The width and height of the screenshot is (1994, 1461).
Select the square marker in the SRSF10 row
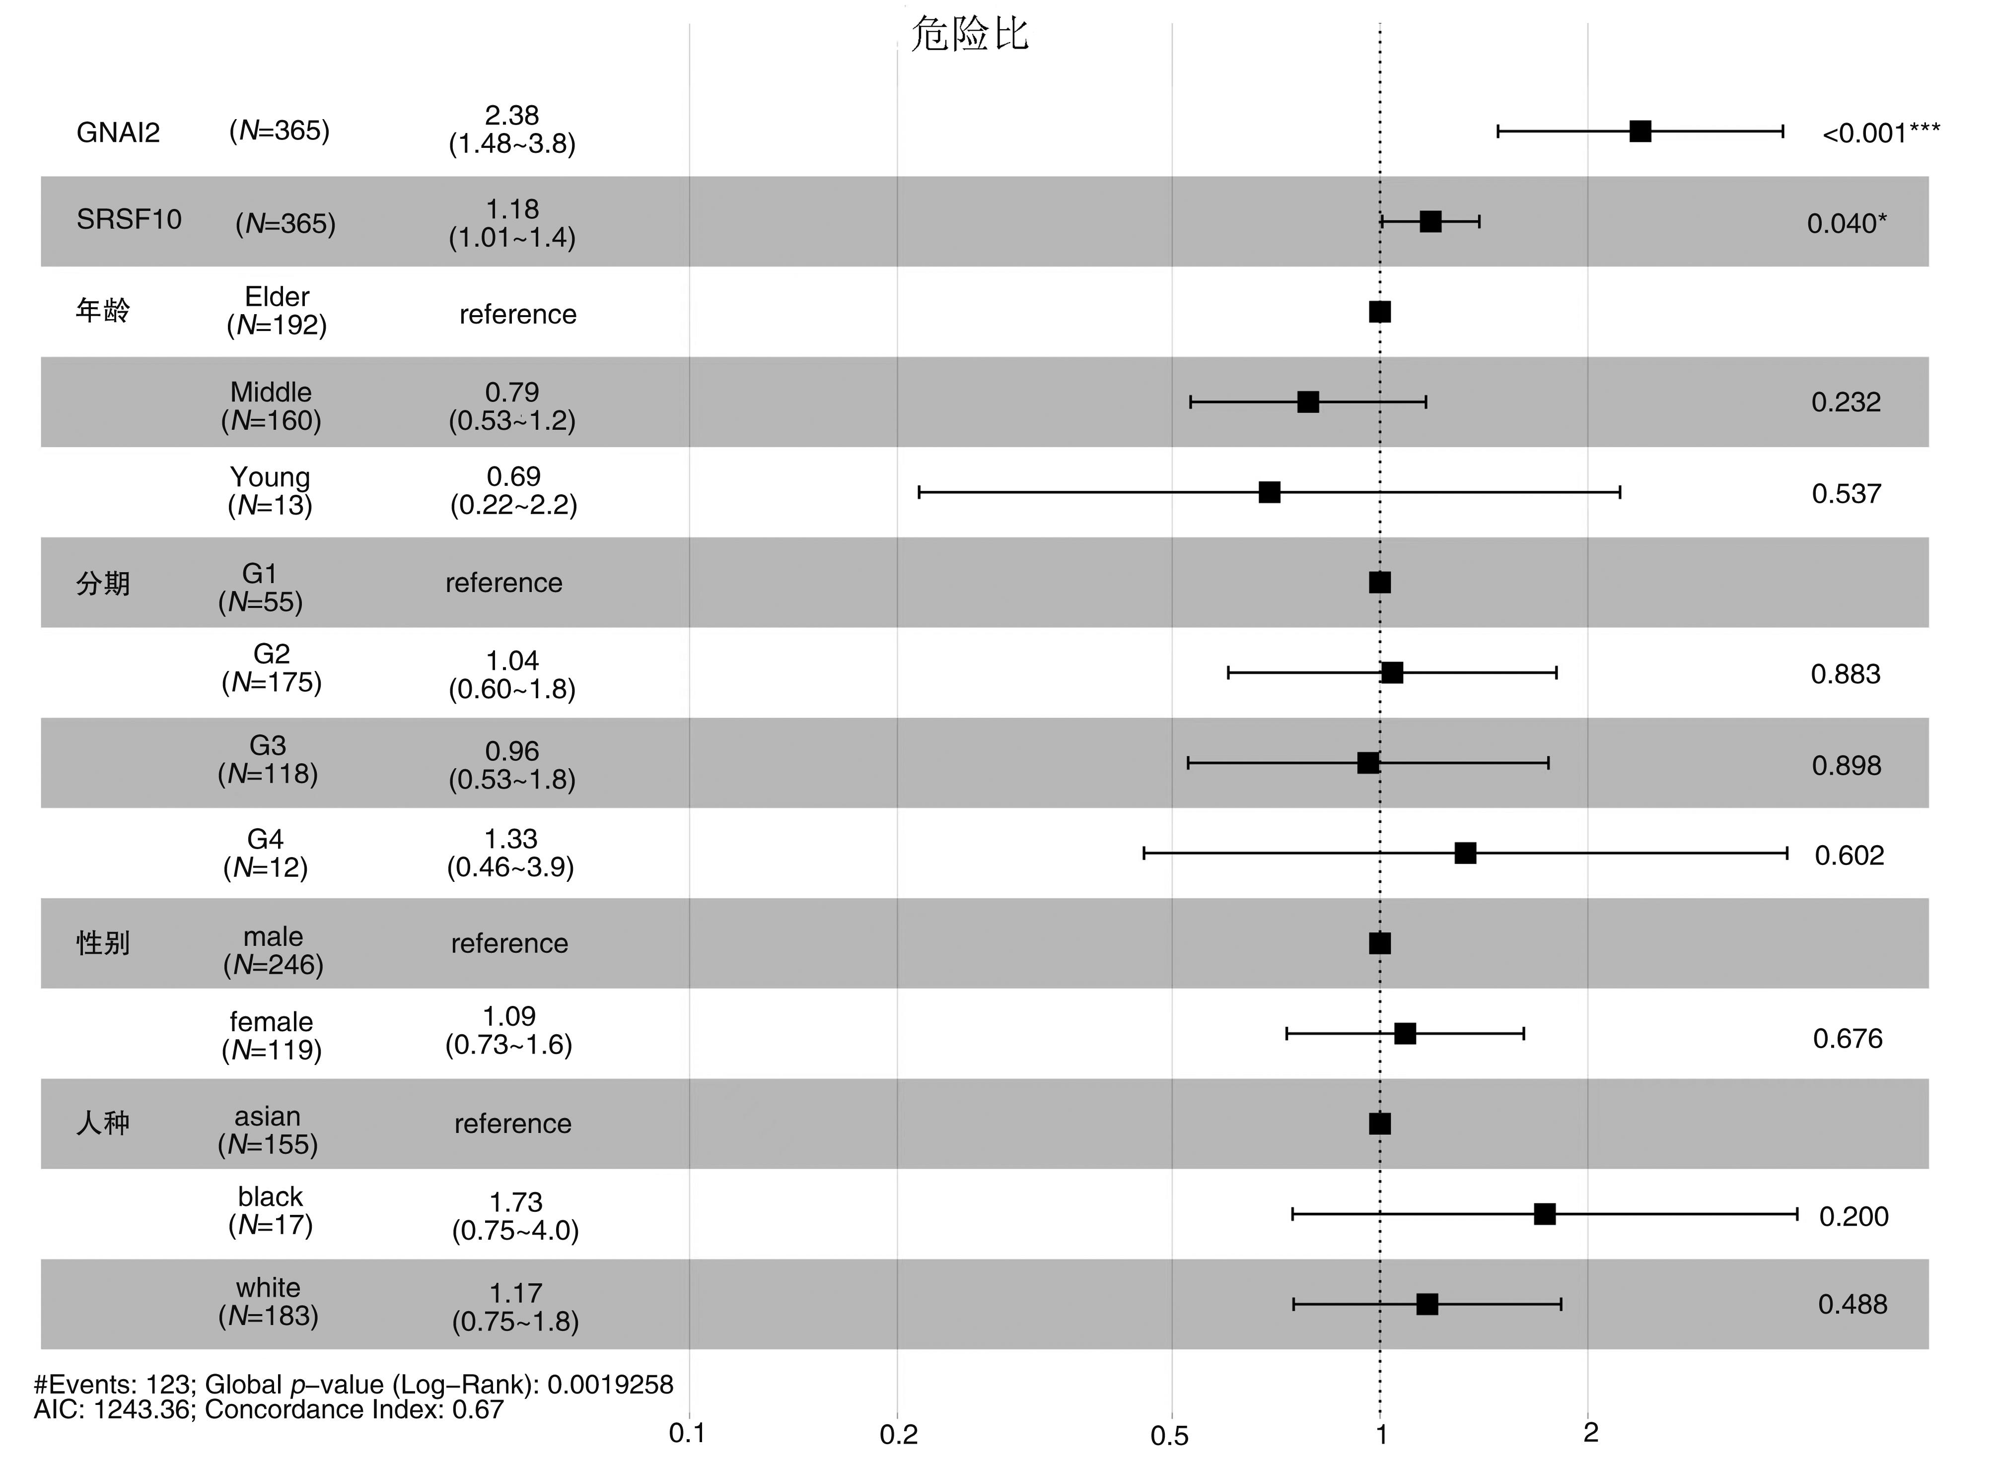coord(1430,222)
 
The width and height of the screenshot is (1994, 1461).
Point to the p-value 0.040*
coord(1846,224)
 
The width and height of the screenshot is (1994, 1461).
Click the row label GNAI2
coord(119,133)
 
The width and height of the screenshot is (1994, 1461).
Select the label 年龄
coord(103,311)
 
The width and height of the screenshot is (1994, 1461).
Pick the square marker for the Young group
coord(1270,493)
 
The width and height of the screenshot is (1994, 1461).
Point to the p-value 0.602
coord(1849,855)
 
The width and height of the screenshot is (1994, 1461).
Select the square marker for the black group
coord(1545,1214)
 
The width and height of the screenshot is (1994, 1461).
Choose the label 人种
coord(103,1123)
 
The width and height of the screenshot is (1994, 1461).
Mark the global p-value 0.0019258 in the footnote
coord(610,1384)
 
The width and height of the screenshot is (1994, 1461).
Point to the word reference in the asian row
coord(513,1123)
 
